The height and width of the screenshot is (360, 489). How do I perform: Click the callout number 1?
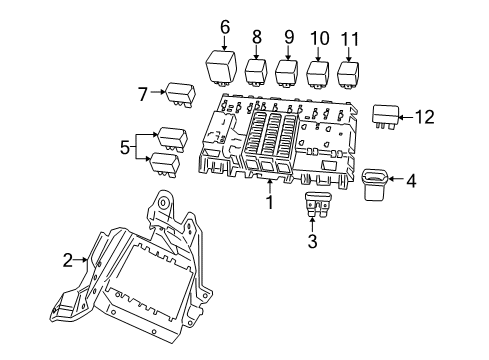coord(268,204)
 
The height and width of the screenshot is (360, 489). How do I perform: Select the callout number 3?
coord(311,241)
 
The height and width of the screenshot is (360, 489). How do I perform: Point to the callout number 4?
coord(410,180)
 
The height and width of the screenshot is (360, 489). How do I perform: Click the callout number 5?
coord(125,148)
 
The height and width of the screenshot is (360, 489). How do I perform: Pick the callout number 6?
coord(225,27)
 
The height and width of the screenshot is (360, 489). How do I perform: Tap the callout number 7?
coord(143,93)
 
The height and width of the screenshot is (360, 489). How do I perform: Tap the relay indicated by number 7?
coord(179,92)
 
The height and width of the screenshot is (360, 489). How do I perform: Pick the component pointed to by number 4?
coord(375,182)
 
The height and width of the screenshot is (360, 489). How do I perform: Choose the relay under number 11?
coord(350,75)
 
